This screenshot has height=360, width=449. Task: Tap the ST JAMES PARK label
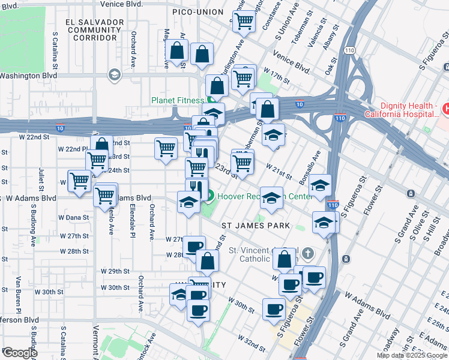pos(256,226)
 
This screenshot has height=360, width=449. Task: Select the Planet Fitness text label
pos(177,101)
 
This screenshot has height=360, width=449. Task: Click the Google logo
pos(19,353)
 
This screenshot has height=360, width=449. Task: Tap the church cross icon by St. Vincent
pos(307,253)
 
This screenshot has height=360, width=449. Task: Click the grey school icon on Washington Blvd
pos(113,75)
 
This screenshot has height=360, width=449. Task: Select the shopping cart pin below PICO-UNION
pos(244,22)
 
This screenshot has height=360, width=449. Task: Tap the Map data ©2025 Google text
pos(411,355)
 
